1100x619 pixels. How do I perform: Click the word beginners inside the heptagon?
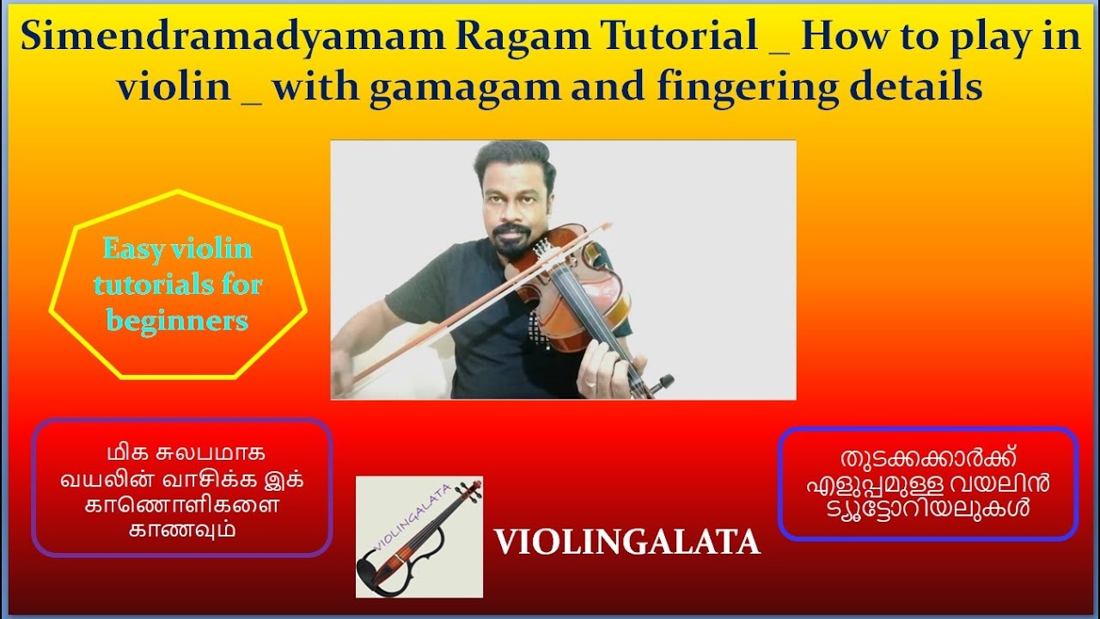click(x=177, y=321)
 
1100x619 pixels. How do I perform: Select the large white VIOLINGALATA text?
click(x=626, y=542)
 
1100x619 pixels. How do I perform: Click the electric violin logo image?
click(x=419, y=536)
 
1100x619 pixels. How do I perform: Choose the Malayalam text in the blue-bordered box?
click(x=927, y=483)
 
